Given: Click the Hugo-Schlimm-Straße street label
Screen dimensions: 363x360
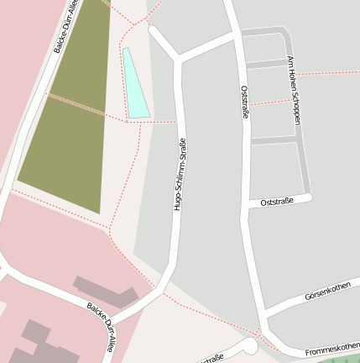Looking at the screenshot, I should (x=179, y=173).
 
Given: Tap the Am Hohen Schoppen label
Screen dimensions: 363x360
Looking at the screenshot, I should (x=294, y=92).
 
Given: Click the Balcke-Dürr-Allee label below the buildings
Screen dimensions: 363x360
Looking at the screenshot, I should (x=101, y=327).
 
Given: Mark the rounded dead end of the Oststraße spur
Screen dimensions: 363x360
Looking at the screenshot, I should (x=308, y=198).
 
